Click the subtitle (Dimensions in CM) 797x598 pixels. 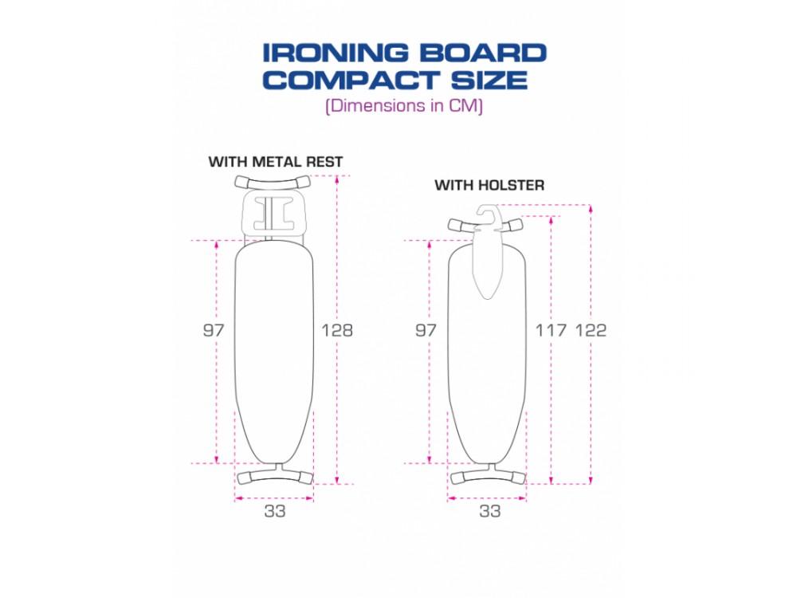(404, 106)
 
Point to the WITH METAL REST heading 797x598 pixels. (276, 162)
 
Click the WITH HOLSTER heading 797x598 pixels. (489, 185)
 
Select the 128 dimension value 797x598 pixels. (336, 329)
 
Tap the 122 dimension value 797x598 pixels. (591, 330)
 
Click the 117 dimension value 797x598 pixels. (551, 330)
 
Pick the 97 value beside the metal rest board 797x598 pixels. (214, 329)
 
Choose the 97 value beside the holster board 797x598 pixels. (426, 329)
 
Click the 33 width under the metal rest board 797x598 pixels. (275, 511)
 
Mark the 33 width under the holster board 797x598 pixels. (489, 511)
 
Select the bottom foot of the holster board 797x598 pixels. (488, 477)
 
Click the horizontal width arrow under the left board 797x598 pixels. (275, 498)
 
